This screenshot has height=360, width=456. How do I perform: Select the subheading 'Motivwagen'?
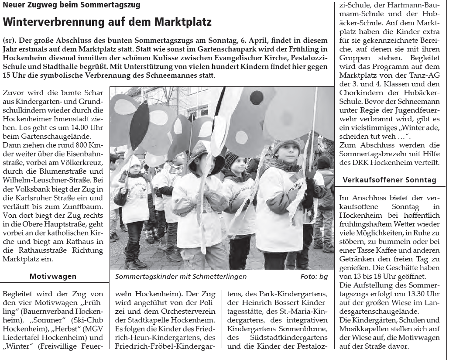53,276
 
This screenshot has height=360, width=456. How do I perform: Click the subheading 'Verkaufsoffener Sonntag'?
389,180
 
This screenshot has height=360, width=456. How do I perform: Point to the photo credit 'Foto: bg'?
314,277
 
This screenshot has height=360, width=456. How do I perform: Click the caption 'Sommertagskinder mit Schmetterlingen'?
181,277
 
